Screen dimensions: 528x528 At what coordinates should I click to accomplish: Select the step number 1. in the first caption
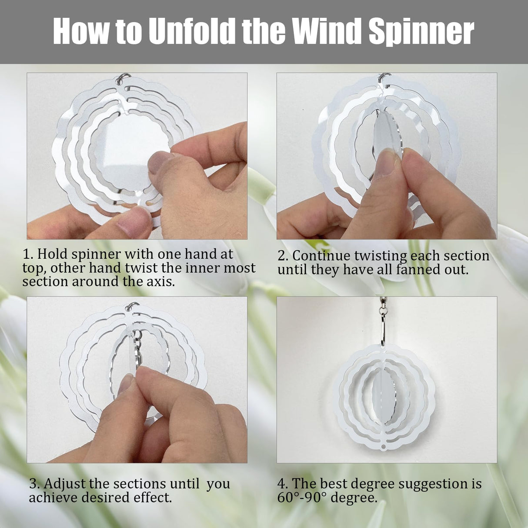pos(28,254)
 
